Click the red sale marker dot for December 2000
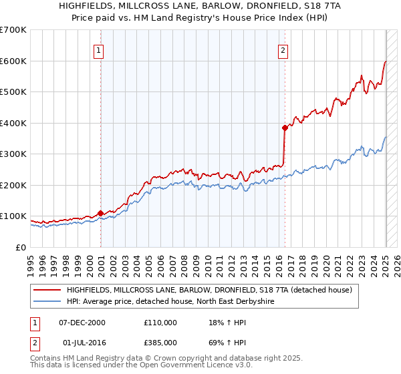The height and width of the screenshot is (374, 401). tap(101, 213)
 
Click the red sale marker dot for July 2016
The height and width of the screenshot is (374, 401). tap(285, 128)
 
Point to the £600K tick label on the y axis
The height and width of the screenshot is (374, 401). tap(13, 61)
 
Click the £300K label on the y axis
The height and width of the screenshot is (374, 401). tap(13, 154)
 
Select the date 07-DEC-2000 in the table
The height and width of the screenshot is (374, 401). tap(82, 323)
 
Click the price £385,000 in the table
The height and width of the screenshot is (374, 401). tap(160, 343)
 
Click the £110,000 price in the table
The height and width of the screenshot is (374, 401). tap(160, 323)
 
